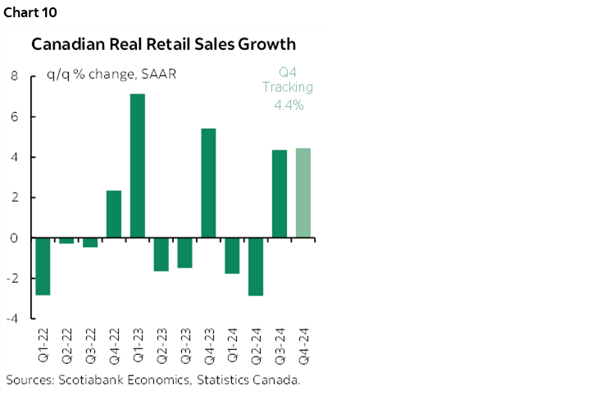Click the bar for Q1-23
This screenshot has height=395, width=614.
click(138, 166)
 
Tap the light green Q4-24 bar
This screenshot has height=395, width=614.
click(302, 193)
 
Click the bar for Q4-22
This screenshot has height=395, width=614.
click(114, 214)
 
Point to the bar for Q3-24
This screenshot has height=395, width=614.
click(280, 194)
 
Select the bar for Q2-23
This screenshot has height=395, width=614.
click(161, 254)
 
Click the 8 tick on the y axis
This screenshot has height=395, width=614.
click(14, 76)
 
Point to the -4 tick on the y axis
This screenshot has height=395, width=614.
click(12, 319)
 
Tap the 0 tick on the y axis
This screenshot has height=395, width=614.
click(14, 238)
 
